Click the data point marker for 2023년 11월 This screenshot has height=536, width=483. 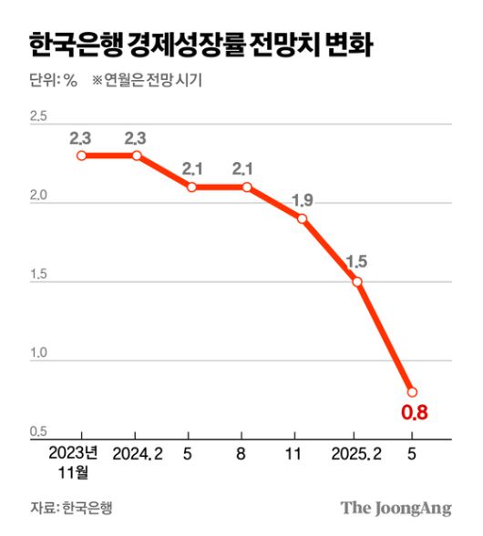tap(82, 156)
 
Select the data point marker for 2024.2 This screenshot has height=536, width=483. tap(137, 156)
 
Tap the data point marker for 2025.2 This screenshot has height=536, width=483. tap(357, 282)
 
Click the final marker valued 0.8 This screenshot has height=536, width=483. tap(412, 392)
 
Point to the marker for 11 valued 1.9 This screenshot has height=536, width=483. tap(302, 218)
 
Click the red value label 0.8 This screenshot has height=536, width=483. tap(415, 413)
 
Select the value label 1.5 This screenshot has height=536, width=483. tap(356, 262)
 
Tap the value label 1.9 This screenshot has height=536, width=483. tap(302, 199)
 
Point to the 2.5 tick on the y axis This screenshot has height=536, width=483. tap(38, 116)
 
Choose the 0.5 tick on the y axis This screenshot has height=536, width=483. tap(38, 430)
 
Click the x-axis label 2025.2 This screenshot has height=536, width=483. tap(356, 452)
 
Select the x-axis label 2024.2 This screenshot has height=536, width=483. tap(139, 452)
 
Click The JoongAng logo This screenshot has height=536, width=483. tap(396, 508)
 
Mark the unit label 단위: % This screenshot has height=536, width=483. tap(54, 79)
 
